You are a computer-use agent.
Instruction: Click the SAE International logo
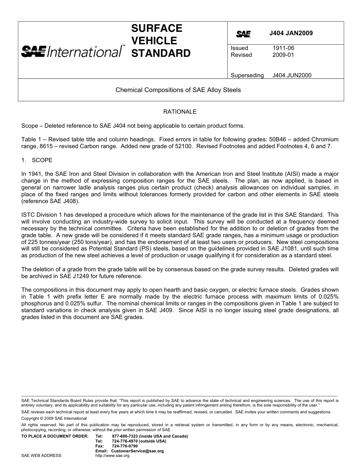click(72, 51)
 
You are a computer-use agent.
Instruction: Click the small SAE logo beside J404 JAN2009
click(243, 34)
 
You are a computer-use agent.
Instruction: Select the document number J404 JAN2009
click(291, 33)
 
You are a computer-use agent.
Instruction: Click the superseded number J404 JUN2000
click(292, 75)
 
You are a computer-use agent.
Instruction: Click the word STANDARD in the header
click(161, 53)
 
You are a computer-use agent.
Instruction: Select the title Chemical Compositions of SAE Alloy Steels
click(178, 90)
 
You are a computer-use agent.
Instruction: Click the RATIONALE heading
click(180, 112)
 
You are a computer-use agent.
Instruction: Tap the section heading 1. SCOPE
click(37, 160)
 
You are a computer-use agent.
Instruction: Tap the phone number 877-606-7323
click(125, 436)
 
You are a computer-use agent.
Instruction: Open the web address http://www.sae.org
click(113, 455)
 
